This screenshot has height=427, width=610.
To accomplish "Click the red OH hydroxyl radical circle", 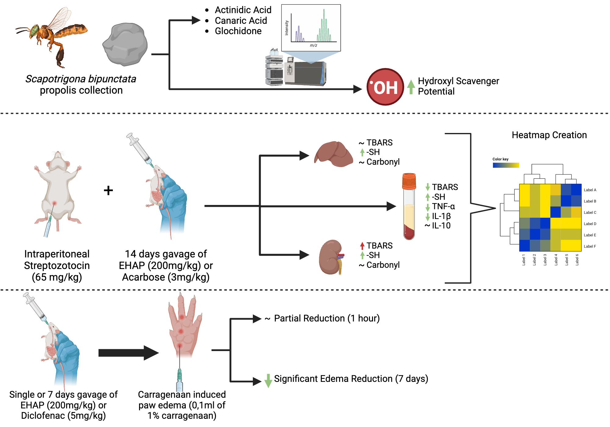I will click(x=385, y=87).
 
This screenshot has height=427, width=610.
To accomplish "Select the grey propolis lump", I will click(x=125, y=44).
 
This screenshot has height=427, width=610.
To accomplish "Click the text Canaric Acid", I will click(x=241, y=20).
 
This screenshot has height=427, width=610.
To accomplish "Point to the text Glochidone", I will click(x=238, y=31).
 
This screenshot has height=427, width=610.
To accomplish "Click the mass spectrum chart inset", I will click(x=311, y=28).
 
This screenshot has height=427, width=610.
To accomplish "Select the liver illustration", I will click(x=334, y=154).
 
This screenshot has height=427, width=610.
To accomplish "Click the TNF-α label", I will click(x=443, y=206).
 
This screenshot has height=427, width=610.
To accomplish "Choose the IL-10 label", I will click(x=441, y=226).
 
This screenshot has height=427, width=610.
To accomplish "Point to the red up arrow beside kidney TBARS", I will click(x=362, y=246).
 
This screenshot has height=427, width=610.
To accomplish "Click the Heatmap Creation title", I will click(x=549, y=135).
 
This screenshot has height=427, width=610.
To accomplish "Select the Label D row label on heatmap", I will click(x=590, y=224).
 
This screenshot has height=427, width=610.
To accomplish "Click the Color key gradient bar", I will click(x=506, y=165).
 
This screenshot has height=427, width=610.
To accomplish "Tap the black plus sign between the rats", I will click(x=108, y=191).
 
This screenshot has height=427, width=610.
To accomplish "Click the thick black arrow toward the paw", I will click(x=128, y=353).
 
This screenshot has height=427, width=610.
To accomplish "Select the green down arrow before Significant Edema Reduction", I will click(x=268, y=380).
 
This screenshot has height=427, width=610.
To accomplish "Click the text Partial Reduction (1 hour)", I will click(x=327, y=318).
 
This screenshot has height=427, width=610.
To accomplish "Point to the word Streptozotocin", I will click(x=57, y=266).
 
